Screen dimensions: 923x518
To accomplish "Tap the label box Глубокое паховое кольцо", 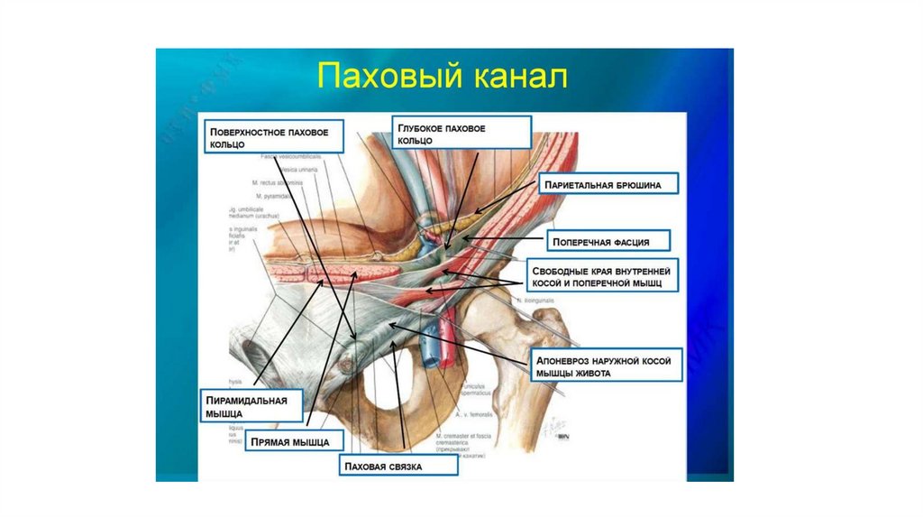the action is click(x=461, y=134).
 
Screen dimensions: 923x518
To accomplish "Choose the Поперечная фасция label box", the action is click(x=610, y=241).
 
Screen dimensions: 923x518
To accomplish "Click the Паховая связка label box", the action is click(x=398, y=466).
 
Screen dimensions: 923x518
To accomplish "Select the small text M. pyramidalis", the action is click(x=272, y=194).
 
